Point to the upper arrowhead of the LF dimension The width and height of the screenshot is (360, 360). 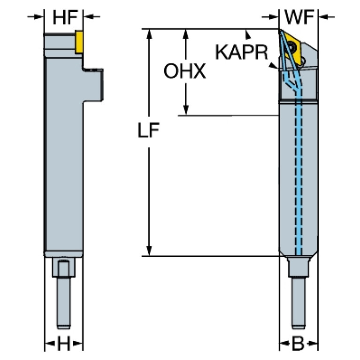pos(149,33)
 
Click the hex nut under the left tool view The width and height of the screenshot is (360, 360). pos(64,270)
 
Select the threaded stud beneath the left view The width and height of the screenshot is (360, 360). pos(64,303)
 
